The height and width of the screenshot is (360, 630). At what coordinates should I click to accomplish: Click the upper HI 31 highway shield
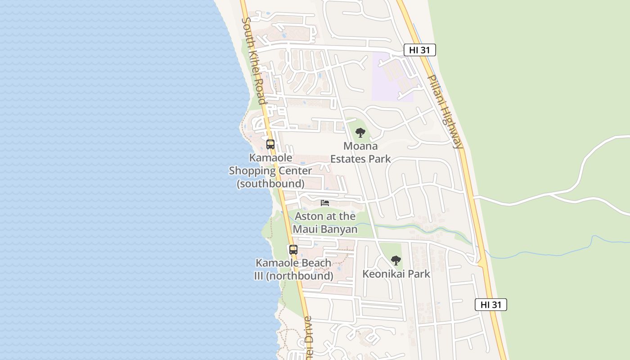(x=419, y=50)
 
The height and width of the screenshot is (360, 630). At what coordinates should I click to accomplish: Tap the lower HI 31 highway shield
(x=490, y=305)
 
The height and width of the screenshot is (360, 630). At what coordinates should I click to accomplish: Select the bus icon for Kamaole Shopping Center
(x=270, y=144)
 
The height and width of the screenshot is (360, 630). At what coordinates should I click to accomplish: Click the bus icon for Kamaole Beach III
(x=293, y=250)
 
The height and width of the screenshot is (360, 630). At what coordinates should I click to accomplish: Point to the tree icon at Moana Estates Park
(x=360, y=133)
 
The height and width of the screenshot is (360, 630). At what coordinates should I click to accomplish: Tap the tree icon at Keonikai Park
(x=396, y=261)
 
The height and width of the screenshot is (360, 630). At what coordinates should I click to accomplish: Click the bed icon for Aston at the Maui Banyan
(x=325, y=203)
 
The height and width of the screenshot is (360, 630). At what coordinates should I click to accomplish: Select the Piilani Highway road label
(x=445, y=112)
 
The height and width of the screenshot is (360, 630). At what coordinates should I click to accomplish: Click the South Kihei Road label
(x=254, y=61)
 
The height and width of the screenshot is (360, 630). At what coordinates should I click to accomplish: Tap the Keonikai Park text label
(x=396, y=274)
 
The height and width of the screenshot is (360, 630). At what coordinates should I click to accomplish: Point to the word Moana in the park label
(x=360, y=146)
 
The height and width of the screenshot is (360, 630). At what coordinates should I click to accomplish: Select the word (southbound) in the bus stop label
(x=270, y=184)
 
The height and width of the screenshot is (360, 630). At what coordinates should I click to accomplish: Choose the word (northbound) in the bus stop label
(x=300, y=276)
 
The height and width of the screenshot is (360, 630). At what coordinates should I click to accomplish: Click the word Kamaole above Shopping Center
(x=270, y=158)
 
